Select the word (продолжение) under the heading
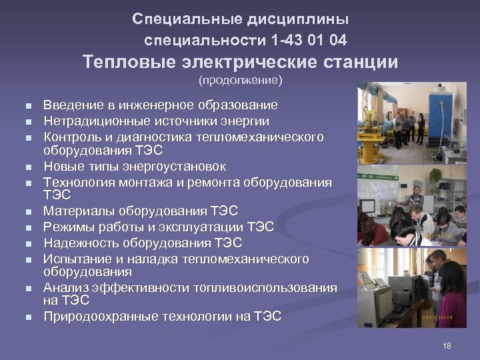pyautogui.click(x=240, y=81)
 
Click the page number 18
pyautogui.click(x=447, y=345)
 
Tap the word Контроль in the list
pyautogui.click(x=70, y=137)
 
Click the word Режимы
pyautogui.click(x=65, y=227)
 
